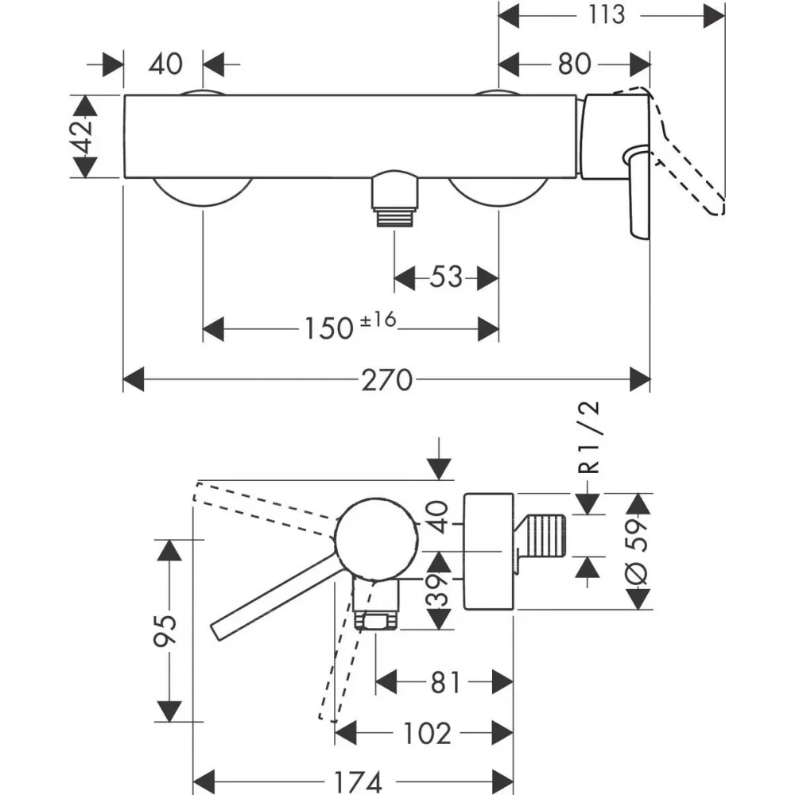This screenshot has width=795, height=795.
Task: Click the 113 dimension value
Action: click(607, 14)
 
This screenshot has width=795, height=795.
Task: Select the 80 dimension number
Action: click(575, 64)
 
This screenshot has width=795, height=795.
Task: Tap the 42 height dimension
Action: click(83, 136)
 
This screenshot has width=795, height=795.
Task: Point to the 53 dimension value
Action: click(446, 277)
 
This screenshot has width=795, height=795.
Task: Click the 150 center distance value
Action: click(328, 328)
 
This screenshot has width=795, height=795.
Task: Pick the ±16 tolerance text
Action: click(378, 320)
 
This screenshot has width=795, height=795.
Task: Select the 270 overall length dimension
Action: click(387, 380)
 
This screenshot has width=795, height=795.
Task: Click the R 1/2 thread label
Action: click(589, 437)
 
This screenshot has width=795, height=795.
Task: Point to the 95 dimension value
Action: click(165, 630)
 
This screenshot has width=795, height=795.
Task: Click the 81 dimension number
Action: click(446, 682)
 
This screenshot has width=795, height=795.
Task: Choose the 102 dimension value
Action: click(427, 733)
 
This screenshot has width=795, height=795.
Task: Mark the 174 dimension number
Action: click(358, 781)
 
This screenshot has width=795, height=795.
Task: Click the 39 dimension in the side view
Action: click(438, 590)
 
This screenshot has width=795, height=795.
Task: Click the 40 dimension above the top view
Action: click(165, 64)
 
